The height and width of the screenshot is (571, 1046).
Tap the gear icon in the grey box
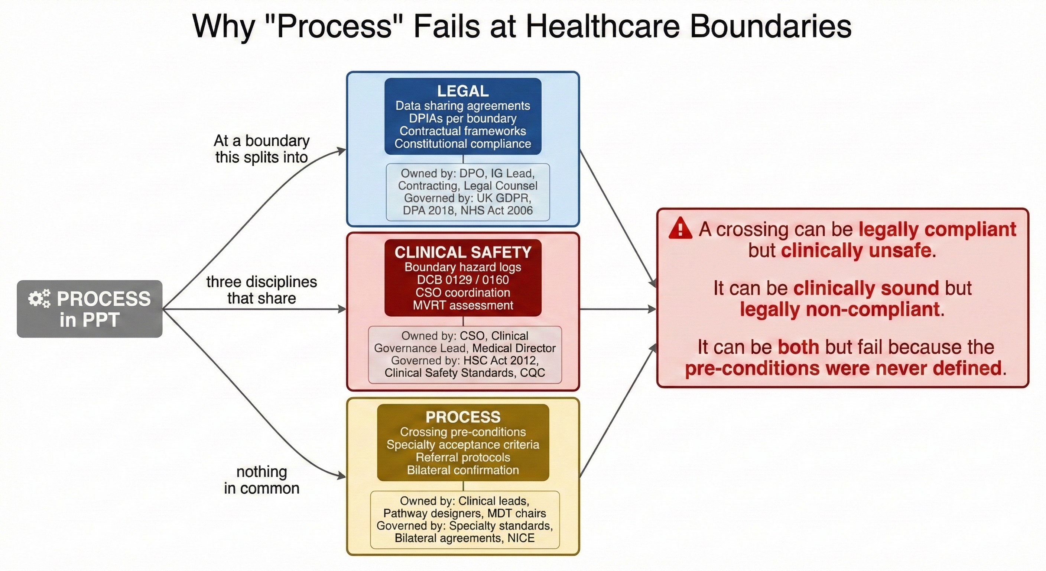coord(39,299)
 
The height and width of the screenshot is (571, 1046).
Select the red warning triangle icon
coord(680,228)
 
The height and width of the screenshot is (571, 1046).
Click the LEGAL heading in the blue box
coord(463,91)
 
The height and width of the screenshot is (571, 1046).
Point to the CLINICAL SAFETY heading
coord(463,252)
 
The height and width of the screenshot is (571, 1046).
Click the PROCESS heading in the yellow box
coord(463,417)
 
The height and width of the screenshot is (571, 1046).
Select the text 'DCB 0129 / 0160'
coord(463,280)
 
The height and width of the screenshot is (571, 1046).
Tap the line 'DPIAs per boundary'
coord(463,118)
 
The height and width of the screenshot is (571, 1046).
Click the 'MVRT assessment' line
coord(463,305)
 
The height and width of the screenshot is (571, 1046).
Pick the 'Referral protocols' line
coord(463,457)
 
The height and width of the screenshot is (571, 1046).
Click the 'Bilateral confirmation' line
coord(463,470)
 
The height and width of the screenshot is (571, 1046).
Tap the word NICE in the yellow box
coord(521,538)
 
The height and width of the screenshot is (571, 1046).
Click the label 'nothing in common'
coord(261,480)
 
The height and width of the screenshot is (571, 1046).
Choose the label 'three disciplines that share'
coord(261,290)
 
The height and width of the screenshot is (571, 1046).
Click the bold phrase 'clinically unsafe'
coord(856,250)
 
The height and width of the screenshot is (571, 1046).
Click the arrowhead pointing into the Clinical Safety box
coord(342,309)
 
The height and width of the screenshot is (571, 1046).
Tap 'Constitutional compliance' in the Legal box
coord(463,144)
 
